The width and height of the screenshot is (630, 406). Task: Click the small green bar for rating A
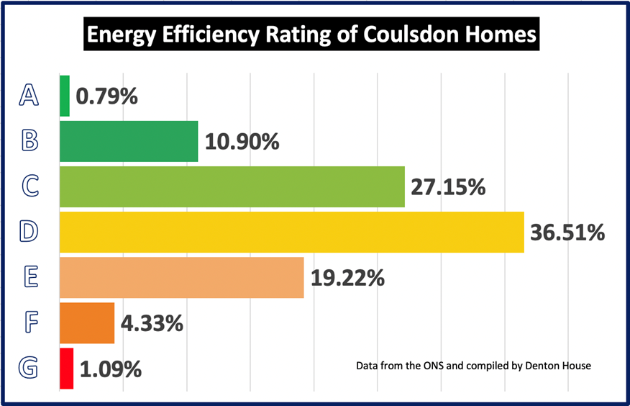click(65, 96)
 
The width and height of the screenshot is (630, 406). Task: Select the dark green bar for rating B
click(128, 141)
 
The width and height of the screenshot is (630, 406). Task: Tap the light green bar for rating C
click(232, 186)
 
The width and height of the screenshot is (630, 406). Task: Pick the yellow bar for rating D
click(291, 232)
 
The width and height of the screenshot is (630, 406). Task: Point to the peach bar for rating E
click(181, 277)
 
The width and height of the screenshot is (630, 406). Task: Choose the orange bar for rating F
click(87, 323)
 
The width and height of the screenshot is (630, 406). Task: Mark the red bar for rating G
click(66, 369)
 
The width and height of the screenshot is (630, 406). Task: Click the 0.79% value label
click(106, 96)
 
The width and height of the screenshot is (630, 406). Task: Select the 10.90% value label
click(242, 142)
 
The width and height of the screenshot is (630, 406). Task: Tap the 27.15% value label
click(448, 187)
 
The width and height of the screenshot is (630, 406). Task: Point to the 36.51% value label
click(567, 233)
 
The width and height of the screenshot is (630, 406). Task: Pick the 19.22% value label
click(347, 278)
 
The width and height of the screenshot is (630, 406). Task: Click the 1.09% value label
click(111, 369)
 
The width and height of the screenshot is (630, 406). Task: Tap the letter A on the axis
click(29, 96)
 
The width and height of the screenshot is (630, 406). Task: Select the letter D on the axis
click(29, 232)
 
